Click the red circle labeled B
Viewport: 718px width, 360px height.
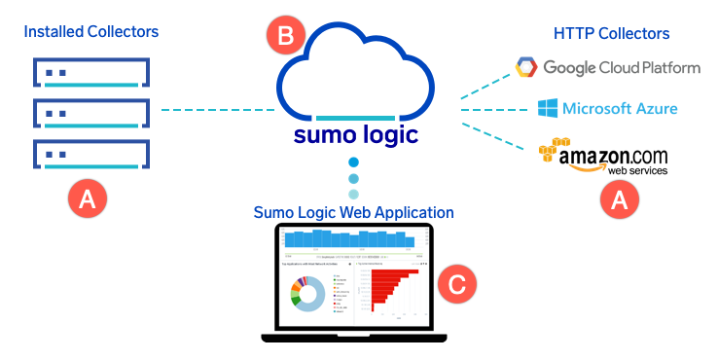(x=285, y=37)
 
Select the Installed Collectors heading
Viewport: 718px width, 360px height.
(x=91, y=32)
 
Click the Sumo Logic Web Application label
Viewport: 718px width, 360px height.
(x=353, y=212)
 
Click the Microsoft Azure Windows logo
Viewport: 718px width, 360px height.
(x=547, y=107)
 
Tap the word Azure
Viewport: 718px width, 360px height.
(x=652, y=108)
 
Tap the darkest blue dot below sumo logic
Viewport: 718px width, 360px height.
(x=353, y=162)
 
